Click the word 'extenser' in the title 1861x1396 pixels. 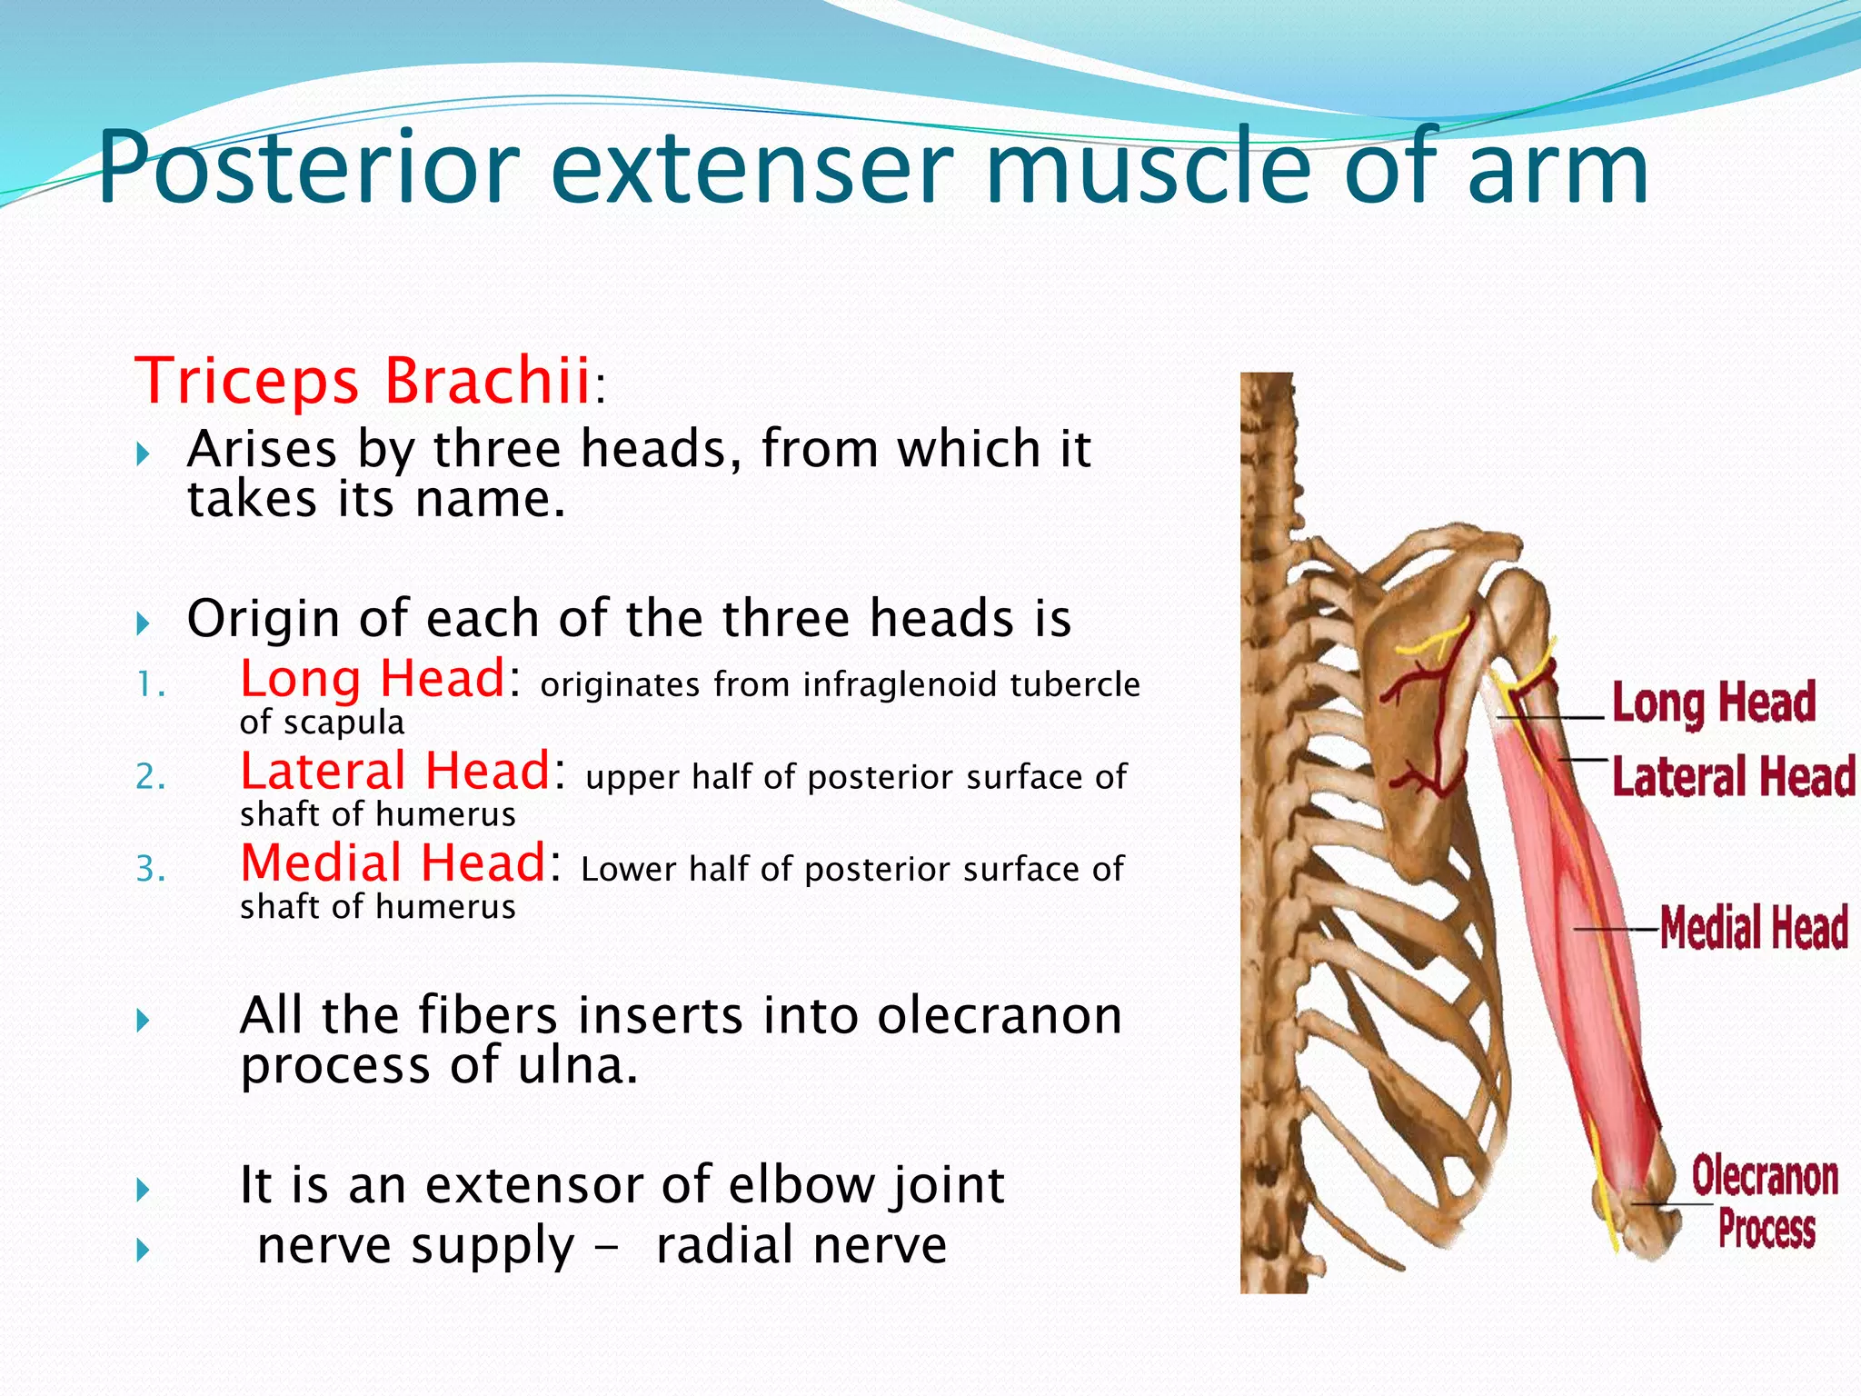pyautogui.click(x=751, y=169)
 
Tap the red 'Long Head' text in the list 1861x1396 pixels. pyautogui.click(x=373, y=679)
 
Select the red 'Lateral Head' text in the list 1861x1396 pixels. pyautogui.click(x=395, y=772)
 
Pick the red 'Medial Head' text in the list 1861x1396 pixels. pyautogui.click(x=393, y=863)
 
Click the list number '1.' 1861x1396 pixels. pyautogui.click(x=151, y=684)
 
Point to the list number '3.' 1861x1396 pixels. pyautogui.click(x=151, y=870)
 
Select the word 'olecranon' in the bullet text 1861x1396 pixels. pyautogui.click(x=1000, y=1015)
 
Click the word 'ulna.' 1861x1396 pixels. pyautogui.click(x=578, y=1065)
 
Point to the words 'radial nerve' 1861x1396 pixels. pyautogui.click(x=801, y=1245)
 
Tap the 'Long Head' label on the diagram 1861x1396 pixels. pyautogui.click(x=1714, y=703)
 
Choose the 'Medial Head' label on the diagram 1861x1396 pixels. pyautogui.click(x=1754, y=928)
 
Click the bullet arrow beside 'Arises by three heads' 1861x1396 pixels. pyautogui.click(x=143, y=454)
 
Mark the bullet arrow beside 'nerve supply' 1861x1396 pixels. pyautogui.click(x=143, y=1251)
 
